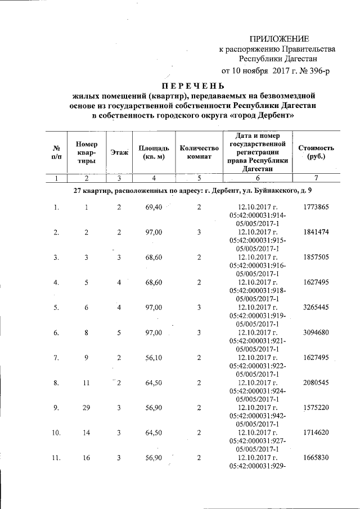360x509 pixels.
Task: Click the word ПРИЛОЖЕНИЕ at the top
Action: [x=279, y=39]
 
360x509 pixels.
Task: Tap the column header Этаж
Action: [x=119, y=152]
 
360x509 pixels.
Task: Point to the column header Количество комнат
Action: [x=199, y=152]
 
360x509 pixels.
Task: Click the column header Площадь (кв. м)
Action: [x=150, y=152]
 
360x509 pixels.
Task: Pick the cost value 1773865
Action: [x=316, y=208]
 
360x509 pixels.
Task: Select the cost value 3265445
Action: [x=316, y=308]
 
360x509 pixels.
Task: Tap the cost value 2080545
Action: [x=316, y=382]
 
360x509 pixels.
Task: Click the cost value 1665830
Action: [x=316, y=458]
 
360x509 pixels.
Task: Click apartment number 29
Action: [x=87, y=408]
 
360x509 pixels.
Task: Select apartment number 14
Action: [x=87, y=433]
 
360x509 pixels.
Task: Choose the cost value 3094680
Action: [x=316, y=332]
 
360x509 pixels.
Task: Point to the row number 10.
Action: [x=56, y=433]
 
